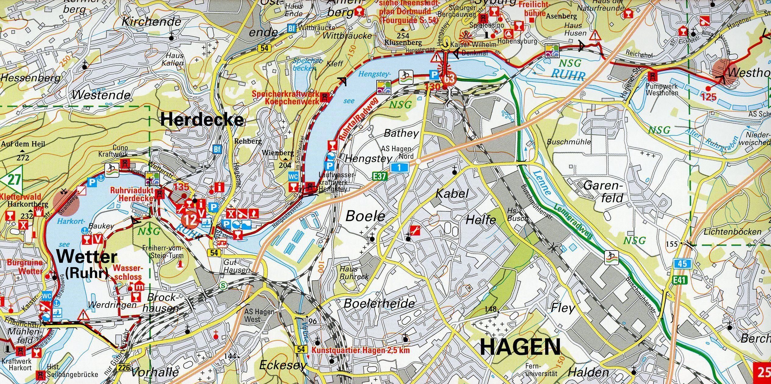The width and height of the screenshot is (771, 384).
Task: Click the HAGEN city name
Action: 520,347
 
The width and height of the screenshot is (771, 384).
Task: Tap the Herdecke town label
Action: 202,119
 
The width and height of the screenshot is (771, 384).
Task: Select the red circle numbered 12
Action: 190,219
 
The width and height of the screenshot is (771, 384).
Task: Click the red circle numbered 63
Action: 449,79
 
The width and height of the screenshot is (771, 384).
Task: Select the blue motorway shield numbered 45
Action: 682,263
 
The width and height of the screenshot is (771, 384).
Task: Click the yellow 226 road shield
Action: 124,367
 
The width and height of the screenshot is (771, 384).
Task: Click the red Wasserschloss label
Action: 128,272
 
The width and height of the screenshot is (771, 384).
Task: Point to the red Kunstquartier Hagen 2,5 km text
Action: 361,350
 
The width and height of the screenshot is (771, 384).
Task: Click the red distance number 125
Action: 708,97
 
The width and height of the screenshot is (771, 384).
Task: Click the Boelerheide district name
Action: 379,303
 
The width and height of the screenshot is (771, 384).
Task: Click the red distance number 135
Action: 181,187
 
